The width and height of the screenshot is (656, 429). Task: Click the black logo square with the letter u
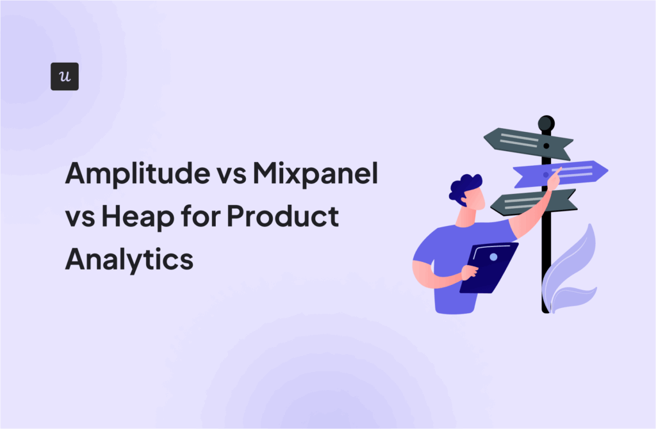64,76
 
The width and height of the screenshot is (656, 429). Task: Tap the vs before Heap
79,218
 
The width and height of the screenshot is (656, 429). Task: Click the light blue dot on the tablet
493,257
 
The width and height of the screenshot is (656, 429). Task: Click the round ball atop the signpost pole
546,122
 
